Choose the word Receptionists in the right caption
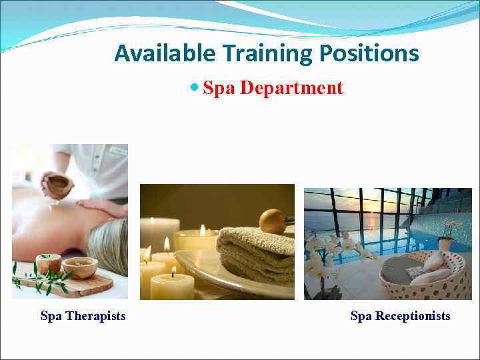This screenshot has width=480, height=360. tap(413, 316)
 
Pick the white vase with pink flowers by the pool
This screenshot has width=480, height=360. tap(445, 243)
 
